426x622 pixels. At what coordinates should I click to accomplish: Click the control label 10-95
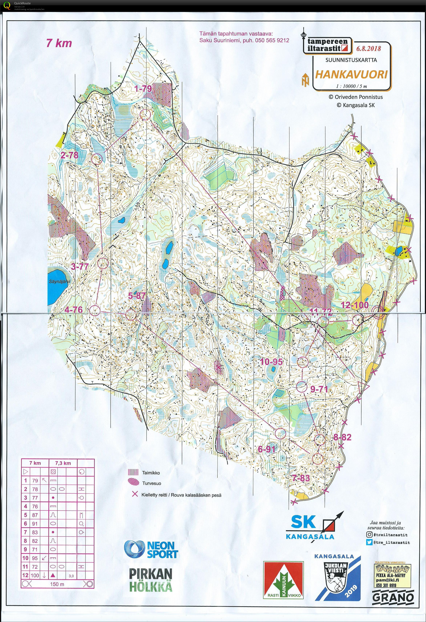point(271,362)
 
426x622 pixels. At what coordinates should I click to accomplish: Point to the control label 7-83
point(301,478)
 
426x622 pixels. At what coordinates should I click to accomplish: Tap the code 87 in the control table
point(35,515)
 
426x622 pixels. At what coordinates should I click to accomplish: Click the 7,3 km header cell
point(63,463)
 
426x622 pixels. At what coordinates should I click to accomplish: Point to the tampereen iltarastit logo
point(327,44)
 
